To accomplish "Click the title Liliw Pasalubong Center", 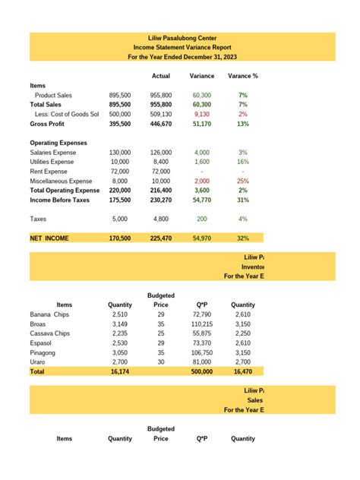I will pyautogui.click(x=181, y=37).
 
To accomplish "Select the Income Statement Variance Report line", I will pyautogui.click(x=181, y=47).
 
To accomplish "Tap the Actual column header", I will pyautogui.click(x=161, y=76).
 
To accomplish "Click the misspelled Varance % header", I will pyautogui.click(x=244, y=76).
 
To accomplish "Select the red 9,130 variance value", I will pyautogui.click(x=202, y=114).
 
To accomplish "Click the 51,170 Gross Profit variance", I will pyautogui.click(x=202, y=123).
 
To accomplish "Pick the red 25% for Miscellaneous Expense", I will pyautogui.click(x=244, y=182).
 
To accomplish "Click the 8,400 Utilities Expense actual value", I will pyautogui.click(x=161, y=162).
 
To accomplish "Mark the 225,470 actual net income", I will pyautogui.click(x=161, y=238).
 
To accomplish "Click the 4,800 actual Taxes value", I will pyautogui.click(x=161, y=219).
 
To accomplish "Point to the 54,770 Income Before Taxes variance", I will pyautogui.click(x=202, y=201).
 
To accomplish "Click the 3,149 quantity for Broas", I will pyautogui.click(x=120, y=324).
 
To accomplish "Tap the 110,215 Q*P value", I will pyautogui.click(x=202, y=324).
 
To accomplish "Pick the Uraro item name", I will pyautogui.click(x=39, y=363).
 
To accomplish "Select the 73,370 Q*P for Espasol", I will pyautogui.click(x=202, y=343).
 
